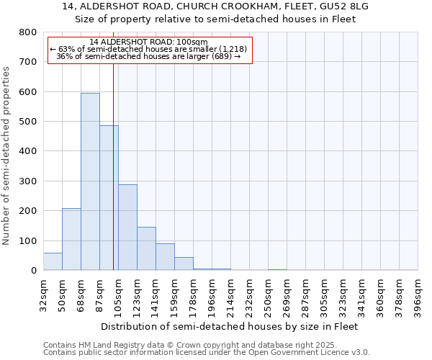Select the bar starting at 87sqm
click(109, 198)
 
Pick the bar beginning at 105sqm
click(127, 228)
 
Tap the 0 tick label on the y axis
click(34, 271)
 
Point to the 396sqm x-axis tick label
click(418, 295)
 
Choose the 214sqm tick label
click(230, 295)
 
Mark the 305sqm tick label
click(325, 295)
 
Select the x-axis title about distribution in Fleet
click(230, 326)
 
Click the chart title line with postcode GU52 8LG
click(216, 6)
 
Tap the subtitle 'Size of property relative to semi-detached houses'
click(216, 19)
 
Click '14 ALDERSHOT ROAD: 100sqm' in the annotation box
click(150, 42)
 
